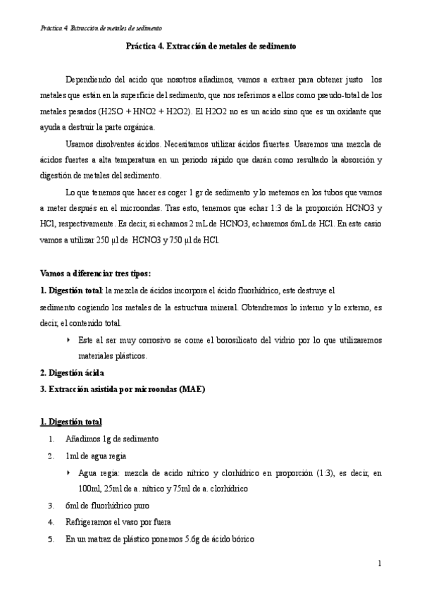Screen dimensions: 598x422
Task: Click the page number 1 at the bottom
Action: [x=379, y=563]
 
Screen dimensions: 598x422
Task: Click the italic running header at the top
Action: [x=101, y=28]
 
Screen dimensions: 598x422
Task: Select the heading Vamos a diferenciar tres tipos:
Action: [x=95, y=273]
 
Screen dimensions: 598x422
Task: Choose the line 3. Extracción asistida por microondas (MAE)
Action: [x=113, y=389]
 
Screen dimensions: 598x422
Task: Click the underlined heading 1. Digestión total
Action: [x=70, y=422]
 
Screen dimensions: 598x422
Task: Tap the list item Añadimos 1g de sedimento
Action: [x=112, y=439]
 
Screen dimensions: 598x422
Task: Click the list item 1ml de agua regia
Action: [x=96, y=456]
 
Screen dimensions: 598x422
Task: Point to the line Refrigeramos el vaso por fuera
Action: [x=118, y=523]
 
